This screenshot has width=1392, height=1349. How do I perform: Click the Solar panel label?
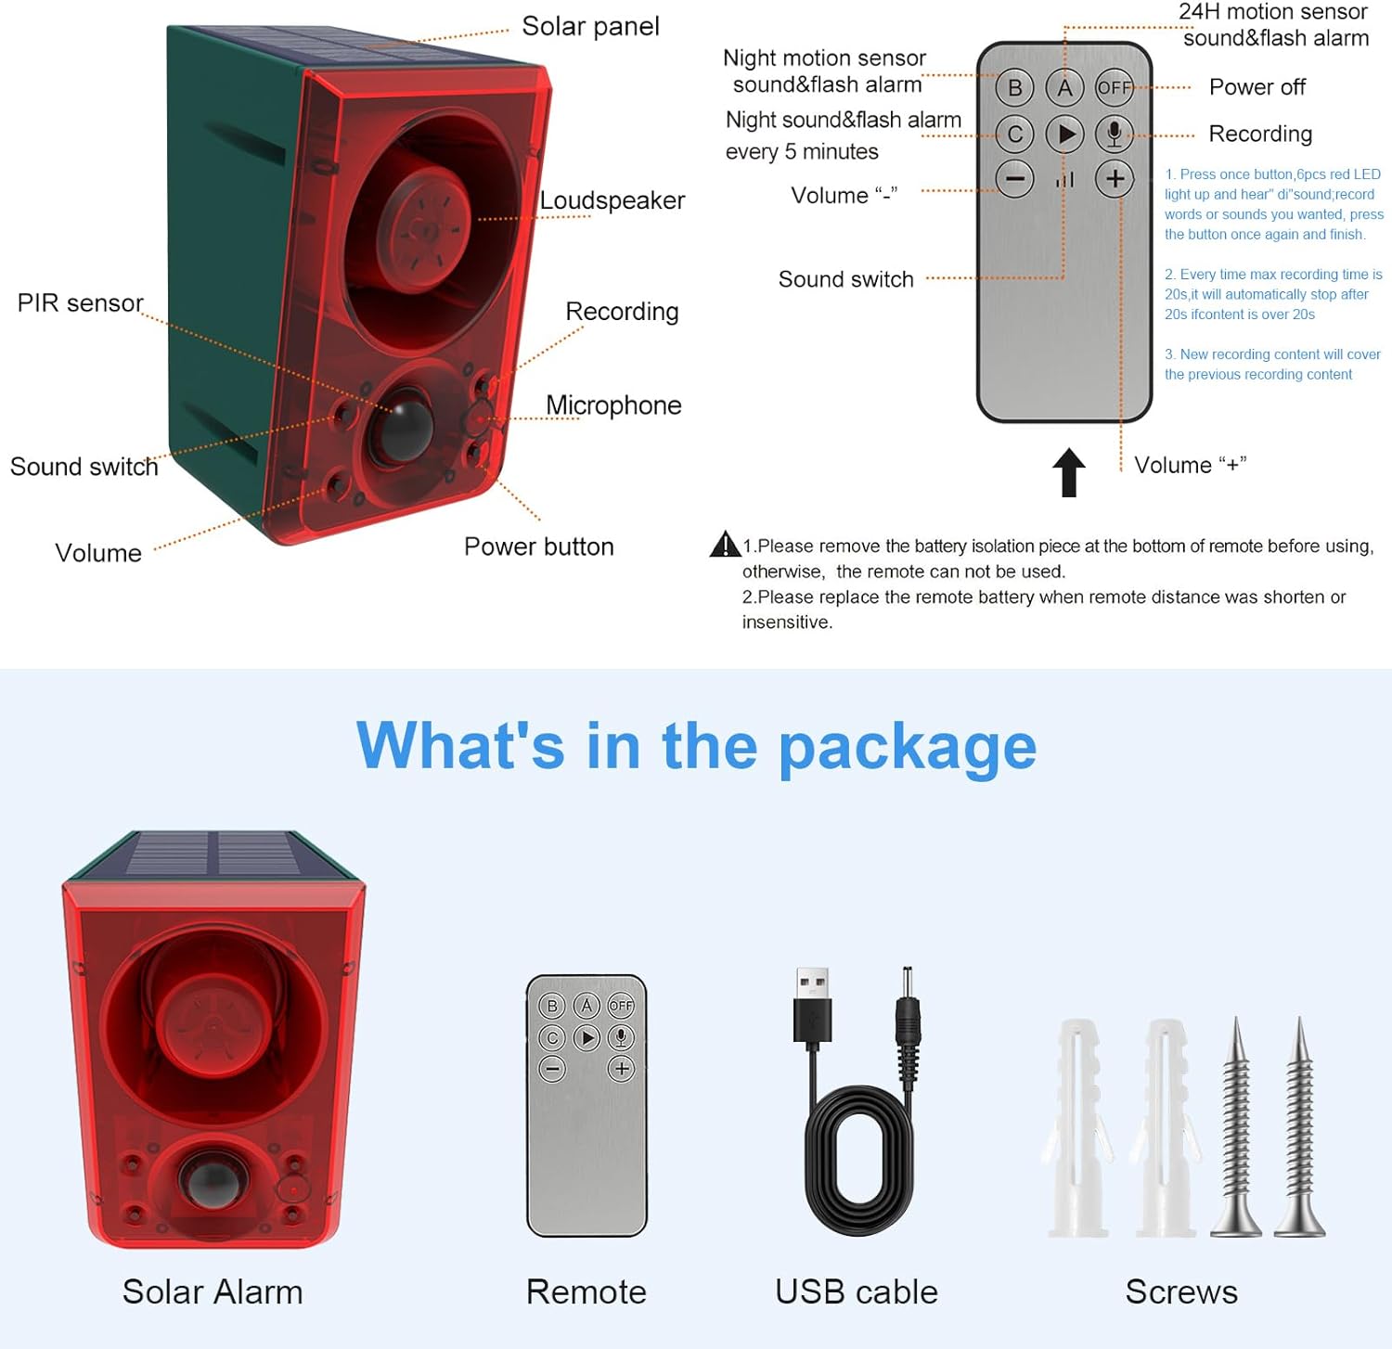coord(590,26)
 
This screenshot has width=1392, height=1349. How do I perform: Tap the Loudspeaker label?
coord(612,200)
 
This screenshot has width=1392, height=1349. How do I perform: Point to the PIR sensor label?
coord(81,303)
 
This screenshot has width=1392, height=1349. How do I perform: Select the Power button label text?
coord(539,546)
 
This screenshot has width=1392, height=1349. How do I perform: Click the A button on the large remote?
coord(1064,88)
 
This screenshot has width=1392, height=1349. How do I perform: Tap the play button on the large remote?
coord(1065,135)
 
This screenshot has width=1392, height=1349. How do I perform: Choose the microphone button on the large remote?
coord(1115,135)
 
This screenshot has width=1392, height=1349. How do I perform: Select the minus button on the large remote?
coord(1015,178)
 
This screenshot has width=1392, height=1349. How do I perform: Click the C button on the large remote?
coord(1015,135)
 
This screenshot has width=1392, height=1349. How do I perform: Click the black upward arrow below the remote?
coord(1069,472)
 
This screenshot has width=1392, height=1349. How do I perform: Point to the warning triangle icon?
coord(724,544)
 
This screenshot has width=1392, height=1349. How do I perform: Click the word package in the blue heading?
coord(908,748)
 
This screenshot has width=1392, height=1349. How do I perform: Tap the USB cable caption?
coord(857,1291)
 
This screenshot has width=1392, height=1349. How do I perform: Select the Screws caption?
coord(1181,1291)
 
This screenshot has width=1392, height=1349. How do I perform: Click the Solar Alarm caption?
coord(213,1291)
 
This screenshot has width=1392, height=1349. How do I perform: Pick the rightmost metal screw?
coord(1299,1127)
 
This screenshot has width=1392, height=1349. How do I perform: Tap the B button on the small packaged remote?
coord(552,1006)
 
